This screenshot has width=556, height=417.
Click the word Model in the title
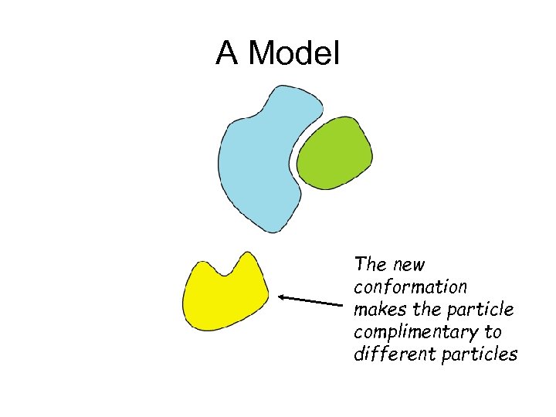pyautogui.click(x=295, y=53)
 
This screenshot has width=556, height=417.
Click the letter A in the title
pyautogui.click(x=225, y=53)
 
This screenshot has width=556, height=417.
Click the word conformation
pyautogui.click(x=410, y=287)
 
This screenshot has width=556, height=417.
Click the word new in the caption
pyautogui.click(x=409, y=265)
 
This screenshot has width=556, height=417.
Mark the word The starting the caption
pyautogui.click(x=369, y=264)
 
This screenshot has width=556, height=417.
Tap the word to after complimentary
pyautogui.click(x=493, y=332)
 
